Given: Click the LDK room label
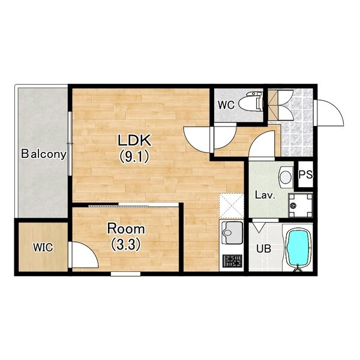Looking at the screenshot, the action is [x=134, y=140].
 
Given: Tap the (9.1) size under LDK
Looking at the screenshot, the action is [x=134, y=157].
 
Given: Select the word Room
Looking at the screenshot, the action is [x=126, y=229].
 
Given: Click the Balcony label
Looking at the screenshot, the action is [x=44, y=154].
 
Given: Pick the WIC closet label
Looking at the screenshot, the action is [x=43, y=247].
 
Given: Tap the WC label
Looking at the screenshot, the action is [x=226, y=106].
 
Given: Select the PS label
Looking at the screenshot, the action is [x=305, y=175].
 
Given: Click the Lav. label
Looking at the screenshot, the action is [x=265, y=196].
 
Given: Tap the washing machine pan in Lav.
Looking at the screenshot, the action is [x=301, y=205].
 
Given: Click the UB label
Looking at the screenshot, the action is [x=263, y=248].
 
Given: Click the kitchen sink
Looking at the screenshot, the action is [x=232, y=233].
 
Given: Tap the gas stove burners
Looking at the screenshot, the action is [x=232, y=261].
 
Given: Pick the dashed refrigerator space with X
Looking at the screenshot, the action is [x=232, y=206].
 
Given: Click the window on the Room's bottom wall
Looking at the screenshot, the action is [x=125, y=274].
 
